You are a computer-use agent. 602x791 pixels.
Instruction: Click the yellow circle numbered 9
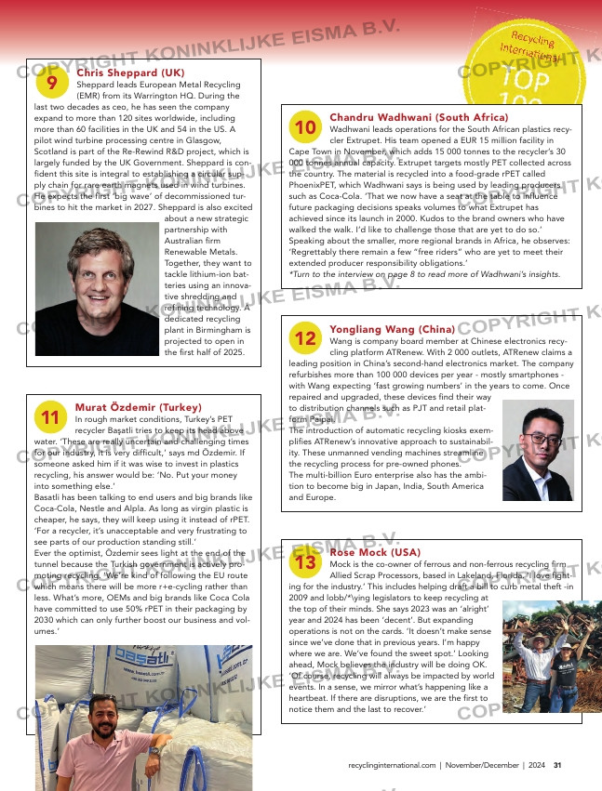tap(51, 83)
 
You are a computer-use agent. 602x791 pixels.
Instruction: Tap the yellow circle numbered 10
tap(304, 126)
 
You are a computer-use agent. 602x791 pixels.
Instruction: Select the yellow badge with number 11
tap(51, 416)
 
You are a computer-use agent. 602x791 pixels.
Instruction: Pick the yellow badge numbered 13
tap(304, 561)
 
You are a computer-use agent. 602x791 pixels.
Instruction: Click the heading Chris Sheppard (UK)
tap(130, 73)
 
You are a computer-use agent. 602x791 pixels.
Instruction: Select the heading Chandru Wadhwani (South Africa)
tap(419, 117)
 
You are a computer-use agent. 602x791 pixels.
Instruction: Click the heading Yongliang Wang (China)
tap(392, 329)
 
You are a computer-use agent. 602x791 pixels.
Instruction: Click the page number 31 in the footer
tap(556, 766)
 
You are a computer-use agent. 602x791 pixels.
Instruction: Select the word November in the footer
tap(472, 766)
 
